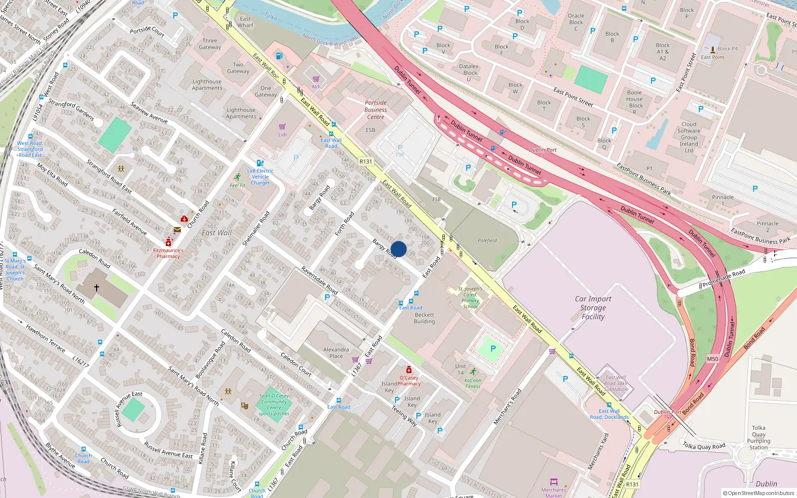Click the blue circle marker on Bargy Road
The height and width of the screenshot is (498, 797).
coord(398,249)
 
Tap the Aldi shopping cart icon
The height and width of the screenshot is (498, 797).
coord(316,79)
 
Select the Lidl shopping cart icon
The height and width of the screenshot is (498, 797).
coord(282,127)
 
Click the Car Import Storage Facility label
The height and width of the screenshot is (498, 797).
coord(593,308)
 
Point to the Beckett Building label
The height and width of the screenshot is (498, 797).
coord(424,318)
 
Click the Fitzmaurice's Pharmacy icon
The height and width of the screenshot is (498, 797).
coord(168,243)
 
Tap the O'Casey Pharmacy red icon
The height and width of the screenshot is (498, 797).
coord(408,370)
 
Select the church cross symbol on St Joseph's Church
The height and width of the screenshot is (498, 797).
coord(97,287)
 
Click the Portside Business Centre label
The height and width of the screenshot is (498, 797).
coord(376,110)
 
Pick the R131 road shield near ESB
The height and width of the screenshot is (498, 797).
coord(366,161)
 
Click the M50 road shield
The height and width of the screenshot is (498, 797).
coord(712,359)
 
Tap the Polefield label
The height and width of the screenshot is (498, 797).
coord(487,241)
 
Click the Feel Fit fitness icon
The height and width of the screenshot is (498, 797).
coord(238,177)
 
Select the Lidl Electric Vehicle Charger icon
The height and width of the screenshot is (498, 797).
coord(260,163)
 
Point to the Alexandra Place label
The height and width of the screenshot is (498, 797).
coord(336,353)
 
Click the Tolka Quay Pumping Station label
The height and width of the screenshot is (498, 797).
coord(759,437)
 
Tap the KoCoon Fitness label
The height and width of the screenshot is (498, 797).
coord(473,383)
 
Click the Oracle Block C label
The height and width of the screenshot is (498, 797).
coord(576,22)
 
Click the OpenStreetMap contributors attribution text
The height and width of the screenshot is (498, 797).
coord(758,493)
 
